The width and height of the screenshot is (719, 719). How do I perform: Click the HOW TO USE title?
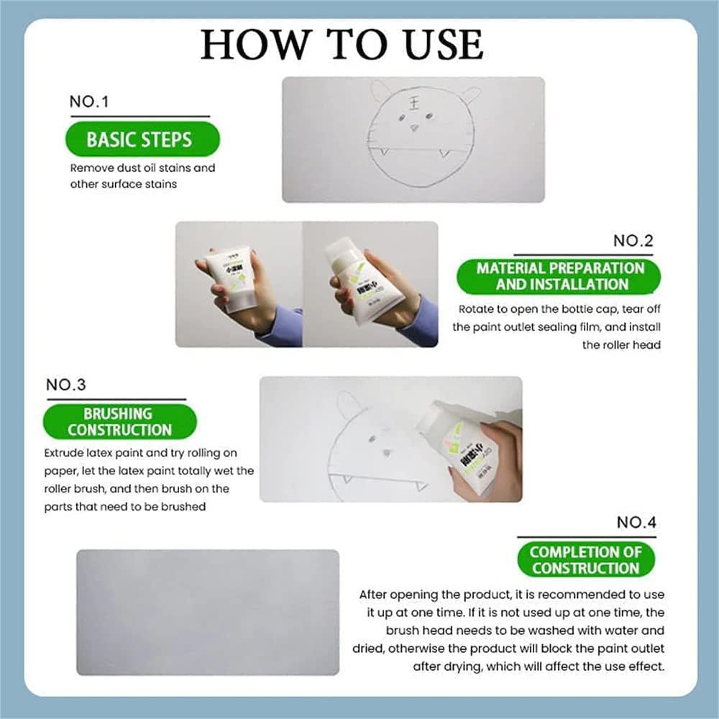342,45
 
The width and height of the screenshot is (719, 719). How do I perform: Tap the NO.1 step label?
88,101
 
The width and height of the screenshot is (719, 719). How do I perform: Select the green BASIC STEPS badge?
139,139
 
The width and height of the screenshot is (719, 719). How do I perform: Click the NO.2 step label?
633,241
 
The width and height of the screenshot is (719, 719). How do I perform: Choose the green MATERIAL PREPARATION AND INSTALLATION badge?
560,276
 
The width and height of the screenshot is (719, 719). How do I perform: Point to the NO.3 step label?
65,385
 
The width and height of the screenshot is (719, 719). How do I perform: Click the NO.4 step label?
636,523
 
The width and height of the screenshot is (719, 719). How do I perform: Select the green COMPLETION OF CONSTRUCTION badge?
585,560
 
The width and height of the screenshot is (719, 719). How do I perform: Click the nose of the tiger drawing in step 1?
414,128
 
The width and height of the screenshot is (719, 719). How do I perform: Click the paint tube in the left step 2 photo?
229,280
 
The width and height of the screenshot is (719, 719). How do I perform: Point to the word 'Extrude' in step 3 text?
67,453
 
